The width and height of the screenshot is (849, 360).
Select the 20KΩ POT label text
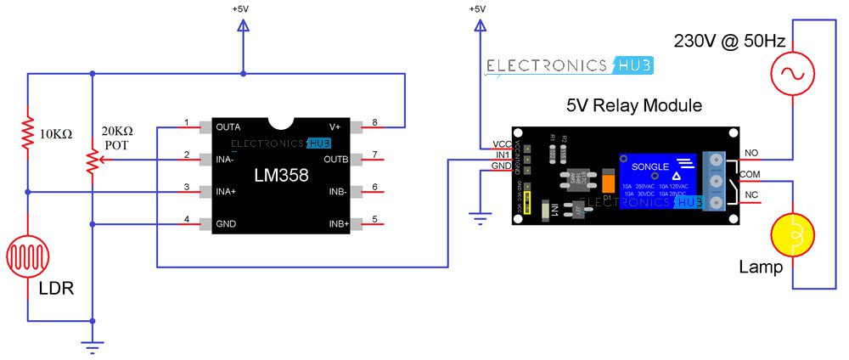click(x=117, y=138)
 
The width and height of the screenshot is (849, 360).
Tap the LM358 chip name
click(x=282, y=176)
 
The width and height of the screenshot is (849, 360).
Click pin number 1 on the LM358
click(x=186, y=121)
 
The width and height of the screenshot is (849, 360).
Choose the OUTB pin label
click(x=335, y=159)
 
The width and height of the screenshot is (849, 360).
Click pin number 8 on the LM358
click(x=374, y=121)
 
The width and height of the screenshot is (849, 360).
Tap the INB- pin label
click(x=337, y=192)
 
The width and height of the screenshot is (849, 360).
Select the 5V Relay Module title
click(x=634, y=105)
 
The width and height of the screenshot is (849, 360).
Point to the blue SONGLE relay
click(x=659, y=180)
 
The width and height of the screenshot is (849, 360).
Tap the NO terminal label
click(x=751, y=153)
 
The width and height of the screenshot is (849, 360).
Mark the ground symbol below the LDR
click(x=91, y=344)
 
